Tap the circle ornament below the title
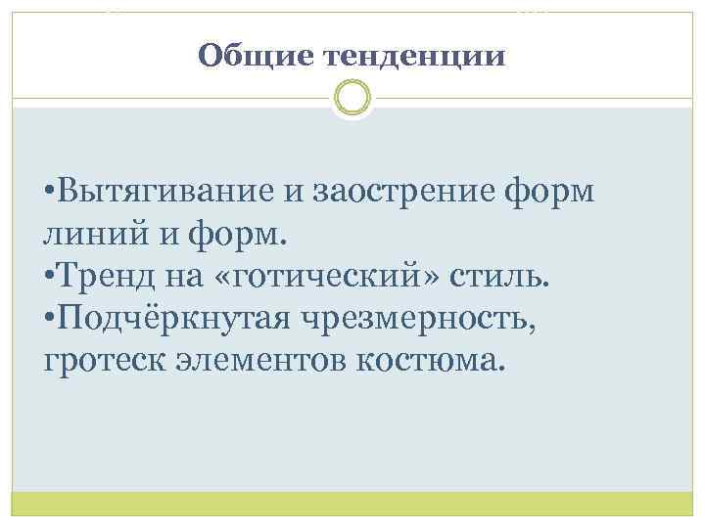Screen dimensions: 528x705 pyautogui.click(x=352, y=98)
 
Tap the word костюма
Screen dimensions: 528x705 pyautogui.click(x=441, y=360)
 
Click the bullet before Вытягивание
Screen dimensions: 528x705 pyautogui.click(x=50, y=193)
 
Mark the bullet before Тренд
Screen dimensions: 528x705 pyautogui.click(x=50, y=277)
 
